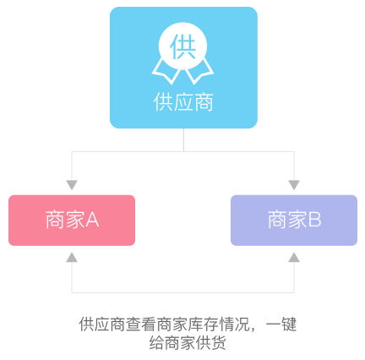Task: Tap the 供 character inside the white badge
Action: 183,45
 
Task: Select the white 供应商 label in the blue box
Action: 183,103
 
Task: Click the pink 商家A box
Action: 72,220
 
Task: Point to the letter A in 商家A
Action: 93,221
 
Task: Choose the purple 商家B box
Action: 294,220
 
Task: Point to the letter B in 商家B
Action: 315,221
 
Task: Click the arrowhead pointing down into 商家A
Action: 72,184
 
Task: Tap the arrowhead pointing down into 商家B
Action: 294,184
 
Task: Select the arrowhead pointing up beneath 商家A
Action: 72,257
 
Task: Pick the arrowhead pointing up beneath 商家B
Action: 294,257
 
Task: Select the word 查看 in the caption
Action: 138,325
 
